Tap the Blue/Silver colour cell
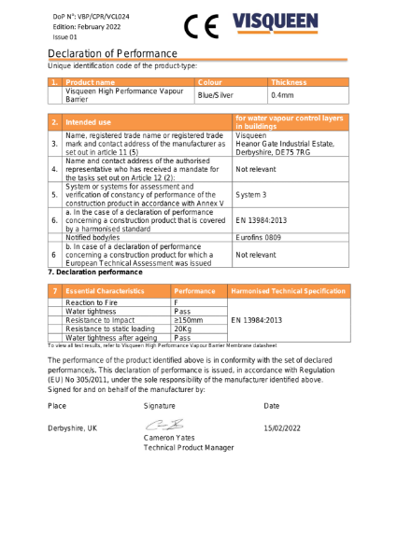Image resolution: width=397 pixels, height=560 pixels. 215,95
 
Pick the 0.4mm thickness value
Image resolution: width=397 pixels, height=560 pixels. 281,95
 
